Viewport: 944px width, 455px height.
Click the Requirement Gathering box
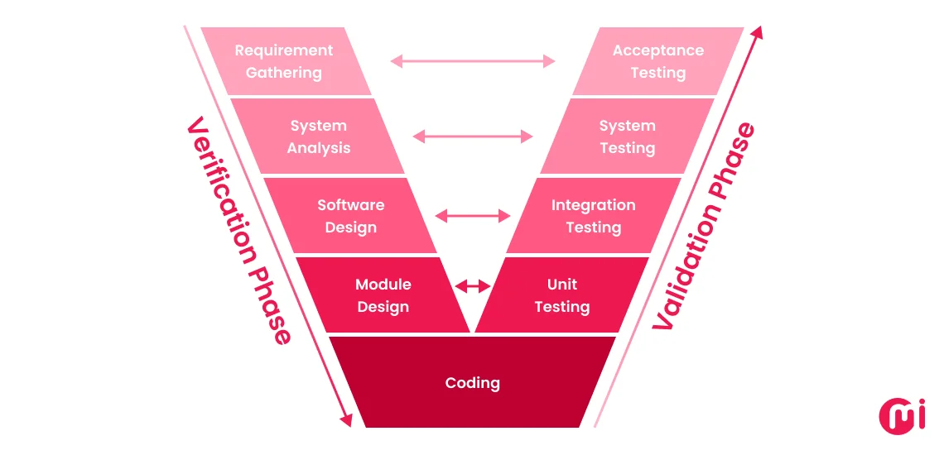pos(284,61)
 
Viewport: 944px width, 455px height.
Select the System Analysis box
pos(319,136)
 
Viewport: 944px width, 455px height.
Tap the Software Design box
pos(351,215)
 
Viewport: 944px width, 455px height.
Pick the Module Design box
pos(383,295)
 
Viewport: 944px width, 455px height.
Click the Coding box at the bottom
pos(472,382)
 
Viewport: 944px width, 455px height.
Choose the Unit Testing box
pos(562,295)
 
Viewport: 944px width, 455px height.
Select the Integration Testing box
pos(593,215)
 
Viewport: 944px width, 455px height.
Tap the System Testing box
pos(627,136)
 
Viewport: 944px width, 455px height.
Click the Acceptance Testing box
pos(658,61)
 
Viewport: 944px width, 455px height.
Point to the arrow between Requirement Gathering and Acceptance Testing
pos(473,60)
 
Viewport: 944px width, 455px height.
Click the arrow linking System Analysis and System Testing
pos(473,136)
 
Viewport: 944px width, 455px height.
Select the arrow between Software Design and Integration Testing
pos(473,216)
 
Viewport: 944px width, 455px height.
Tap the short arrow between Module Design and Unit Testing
pos(473,286)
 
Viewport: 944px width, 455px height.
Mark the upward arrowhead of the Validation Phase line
pos(756,34)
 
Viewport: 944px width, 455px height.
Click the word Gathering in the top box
pos(283,73)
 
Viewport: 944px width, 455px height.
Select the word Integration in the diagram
pos(594,204)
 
